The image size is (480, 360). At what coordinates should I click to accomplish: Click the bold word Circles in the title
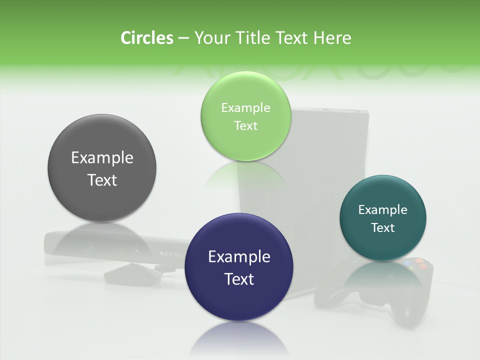pyautogui.click(x=146, y=38)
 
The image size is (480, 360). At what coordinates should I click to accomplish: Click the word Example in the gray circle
pyautogui.click(x=102, y=158)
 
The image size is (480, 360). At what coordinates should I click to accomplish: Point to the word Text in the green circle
pyautogui.click(x=245, y=126)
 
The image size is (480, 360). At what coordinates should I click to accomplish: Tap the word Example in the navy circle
pyautogui.click(x=239, y=257)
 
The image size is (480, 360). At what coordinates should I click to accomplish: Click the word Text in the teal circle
pyautogui.click(x=383, y=228)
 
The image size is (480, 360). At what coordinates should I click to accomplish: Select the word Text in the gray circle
pyautogui.click(x=102, y=180)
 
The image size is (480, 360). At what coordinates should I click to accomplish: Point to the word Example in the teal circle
pyautogui.click(x=382, y=210)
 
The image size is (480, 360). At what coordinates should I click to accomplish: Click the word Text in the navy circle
pyautogui.click(x=239, y=279)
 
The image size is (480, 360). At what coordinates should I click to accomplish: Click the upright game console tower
pyautogui.click(x=320, y=150)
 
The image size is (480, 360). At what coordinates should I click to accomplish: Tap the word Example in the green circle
pyautogui.click(x=245, y=108)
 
